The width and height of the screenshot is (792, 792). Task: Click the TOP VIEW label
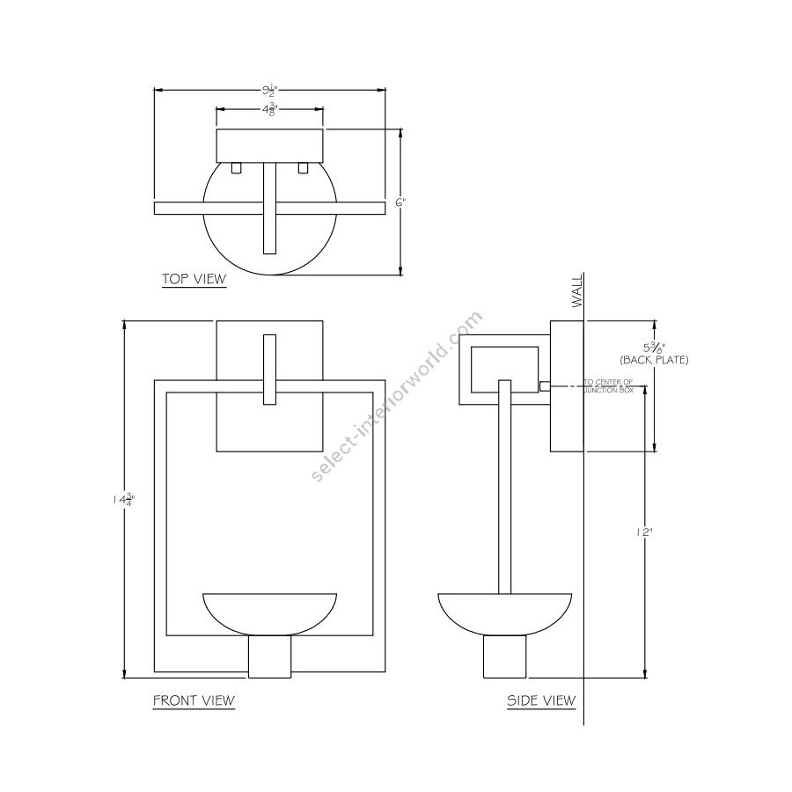194,280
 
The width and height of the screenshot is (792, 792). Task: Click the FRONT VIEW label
194,700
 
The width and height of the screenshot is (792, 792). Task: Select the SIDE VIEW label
540,700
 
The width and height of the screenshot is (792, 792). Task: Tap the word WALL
577,290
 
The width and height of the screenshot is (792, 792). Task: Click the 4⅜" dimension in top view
268,110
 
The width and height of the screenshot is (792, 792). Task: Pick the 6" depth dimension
400,202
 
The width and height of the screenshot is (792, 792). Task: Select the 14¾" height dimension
124,499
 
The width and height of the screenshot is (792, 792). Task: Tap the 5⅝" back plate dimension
653,348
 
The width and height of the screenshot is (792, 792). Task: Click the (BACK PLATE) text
654,361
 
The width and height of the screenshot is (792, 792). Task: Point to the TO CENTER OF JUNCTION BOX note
609,385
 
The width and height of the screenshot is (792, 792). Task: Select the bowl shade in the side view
504,612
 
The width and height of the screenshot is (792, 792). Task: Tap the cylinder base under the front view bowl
269,657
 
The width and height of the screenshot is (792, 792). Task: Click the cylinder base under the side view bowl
504,657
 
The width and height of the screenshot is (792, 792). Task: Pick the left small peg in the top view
236,167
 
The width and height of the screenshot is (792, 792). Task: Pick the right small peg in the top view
304,167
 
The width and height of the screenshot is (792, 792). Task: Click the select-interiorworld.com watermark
398,396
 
